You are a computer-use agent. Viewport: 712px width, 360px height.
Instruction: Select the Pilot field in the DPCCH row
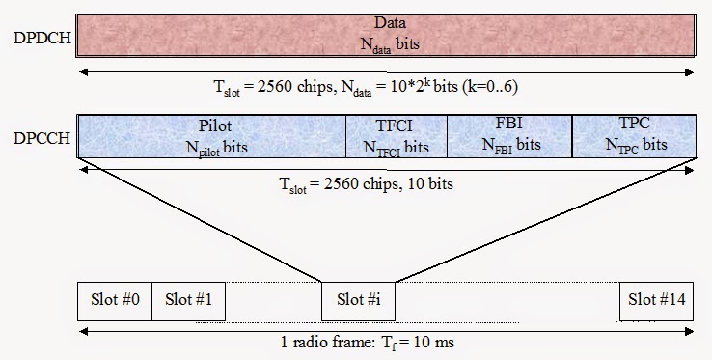[x=211, y=136]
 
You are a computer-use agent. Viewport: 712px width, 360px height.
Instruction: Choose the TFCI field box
[x=396, y=136]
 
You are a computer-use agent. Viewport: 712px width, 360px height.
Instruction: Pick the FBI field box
[x=508, y=136]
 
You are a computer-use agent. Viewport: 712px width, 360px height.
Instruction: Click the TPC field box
[x=633, y=136]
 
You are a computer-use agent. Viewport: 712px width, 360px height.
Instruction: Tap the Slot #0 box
[x=114, y=300]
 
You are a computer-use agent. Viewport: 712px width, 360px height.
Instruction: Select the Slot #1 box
[x=188, y=300]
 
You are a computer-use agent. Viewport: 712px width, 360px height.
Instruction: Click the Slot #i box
[x=358, y=300]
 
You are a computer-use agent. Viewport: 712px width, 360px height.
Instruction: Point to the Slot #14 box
[x=656, y=300]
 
